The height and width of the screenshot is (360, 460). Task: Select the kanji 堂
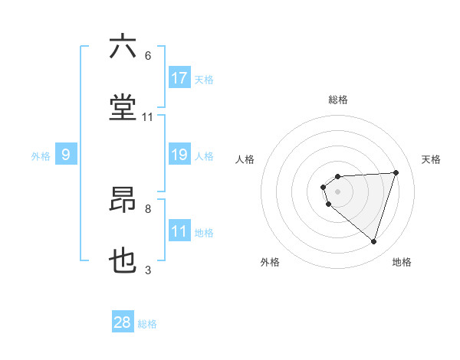coord(123,108)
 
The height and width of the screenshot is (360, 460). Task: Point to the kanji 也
coord(123,261)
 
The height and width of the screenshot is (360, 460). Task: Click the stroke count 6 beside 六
coord(148,56)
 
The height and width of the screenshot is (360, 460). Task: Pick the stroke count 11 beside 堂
coord(148,117)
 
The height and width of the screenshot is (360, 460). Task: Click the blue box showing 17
coord(179,78)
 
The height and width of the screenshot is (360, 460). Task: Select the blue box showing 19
coord(179,155)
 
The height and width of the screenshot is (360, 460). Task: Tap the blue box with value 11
coord(179,231)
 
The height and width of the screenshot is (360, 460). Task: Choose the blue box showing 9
coord(66,155)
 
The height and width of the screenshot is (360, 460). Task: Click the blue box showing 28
coord(123,322)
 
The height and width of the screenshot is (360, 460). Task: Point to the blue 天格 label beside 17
coord(204,79)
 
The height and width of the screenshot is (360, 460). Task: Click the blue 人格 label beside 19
coord(204,155)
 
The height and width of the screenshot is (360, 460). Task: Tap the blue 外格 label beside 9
coord(41,155)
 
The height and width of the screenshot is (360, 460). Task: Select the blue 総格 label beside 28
coord(147,323)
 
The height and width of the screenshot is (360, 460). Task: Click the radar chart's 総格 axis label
coord(338,100)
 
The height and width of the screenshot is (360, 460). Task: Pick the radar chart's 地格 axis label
coord(402,262)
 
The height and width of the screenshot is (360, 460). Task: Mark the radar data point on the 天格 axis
coord(396,172)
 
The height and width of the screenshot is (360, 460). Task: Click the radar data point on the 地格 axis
coord(373,241)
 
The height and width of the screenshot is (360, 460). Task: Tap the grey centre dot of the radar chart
coord(337,191)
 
